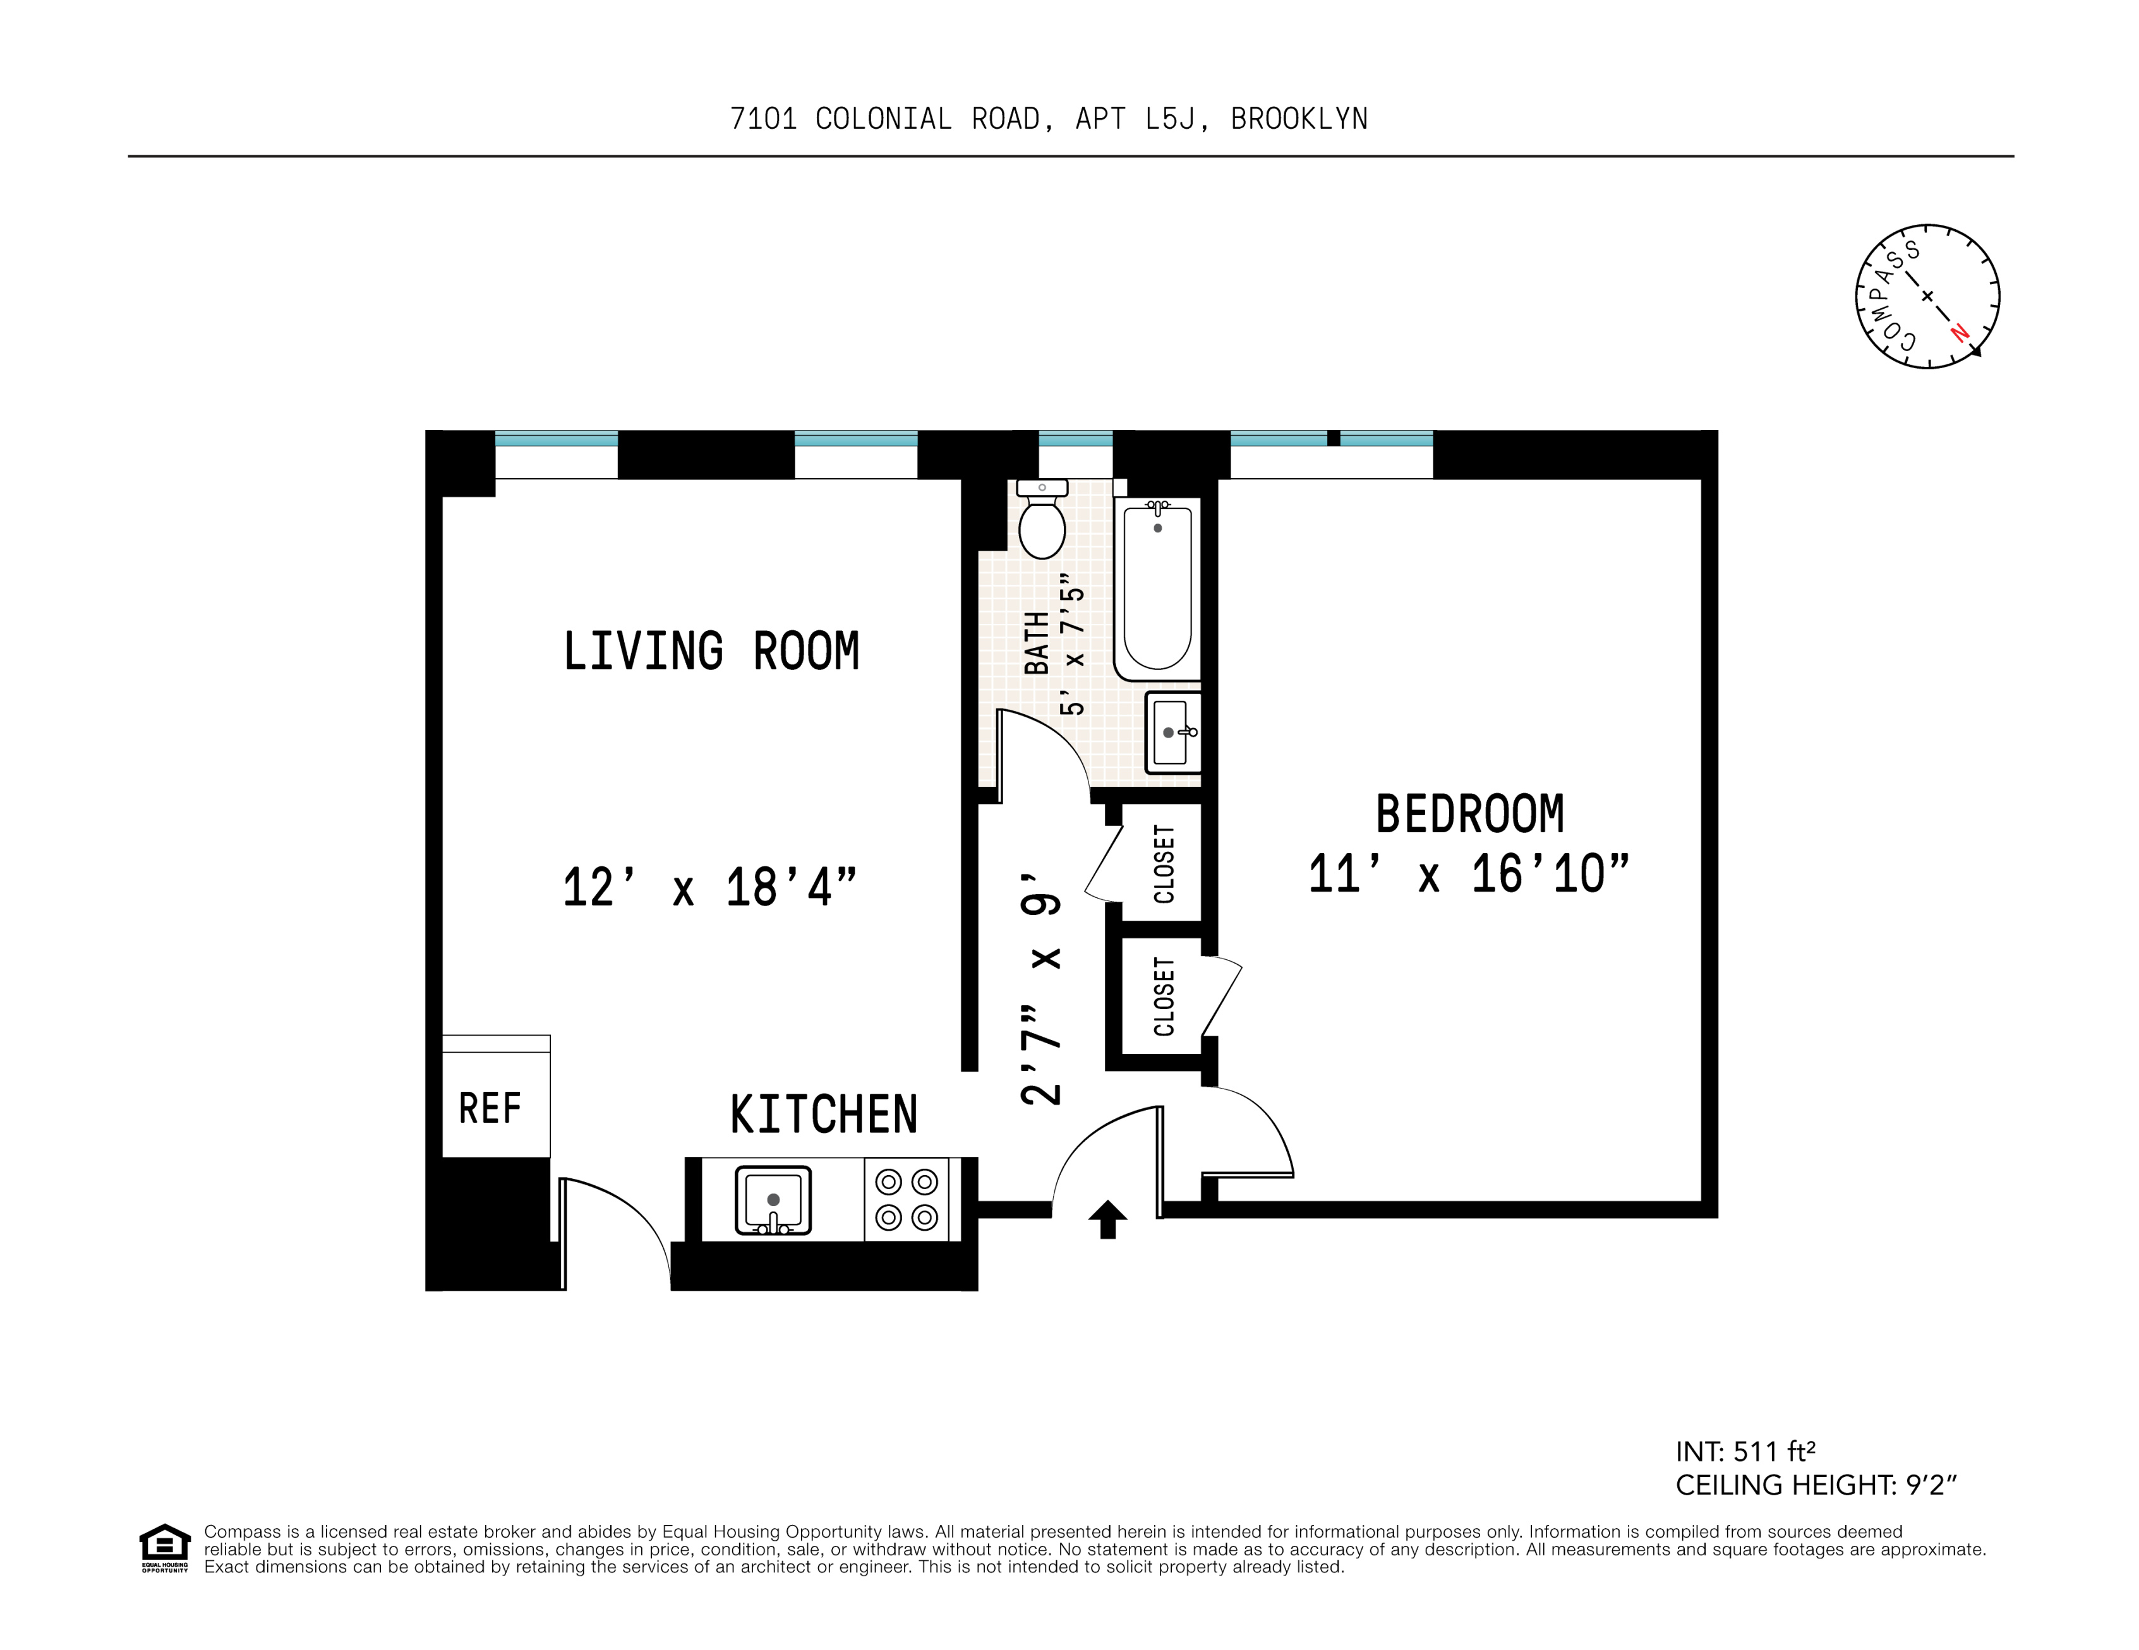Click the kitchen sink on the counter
773,1200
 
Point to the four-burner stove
906,1200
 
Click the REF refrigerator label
490,1108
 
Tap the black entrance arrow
1107,1220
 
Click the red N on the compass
1959,332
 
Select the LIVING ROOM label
711,651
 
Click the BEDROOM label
1469,814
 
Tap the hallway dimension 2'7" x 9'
1041,989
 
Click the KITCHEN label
824,1115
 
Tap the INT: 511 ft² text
1745,1451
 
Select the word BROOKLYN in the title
1299,119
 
